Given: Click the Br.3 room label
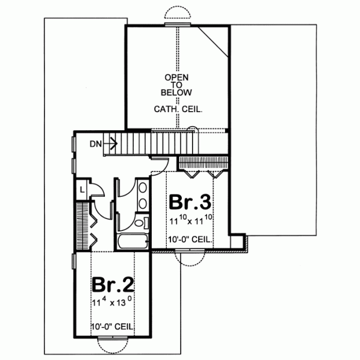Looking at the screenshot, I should click(x=190, y=202).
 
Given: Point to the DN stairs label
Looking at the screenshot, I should click(x=94, y=143).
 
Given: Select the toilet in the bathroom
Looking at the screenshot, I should click(x=140, y=223).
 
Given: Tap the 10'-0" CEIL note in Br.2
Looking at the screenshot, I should click(x=112, y=326).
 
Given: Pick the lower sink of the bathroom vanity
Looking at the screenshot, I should click(x=142, y=204).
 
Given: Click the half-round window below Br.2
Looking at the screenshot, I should click(x=113, y=347).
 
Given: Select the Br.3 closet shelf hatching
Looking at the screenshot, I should click(x=203, y=163).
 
